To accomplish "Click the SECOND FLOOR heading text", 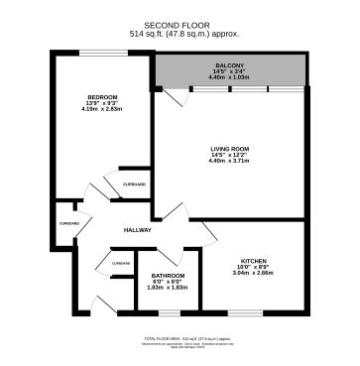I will click(180, 24).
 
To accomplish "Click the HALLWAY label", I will click(137, 230).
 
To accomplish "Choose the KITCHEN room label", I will click(254, 261).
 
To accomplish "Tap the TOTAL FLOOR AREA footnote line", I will click(180, 339).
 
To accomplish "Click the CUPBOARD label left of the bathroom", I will click(121, 263).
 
